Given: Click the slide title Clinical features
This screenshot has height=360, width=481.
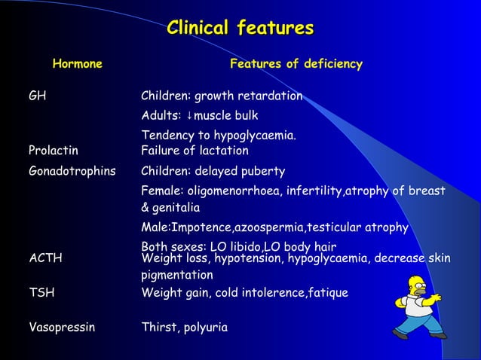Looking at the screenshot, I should click(x=240, y=29).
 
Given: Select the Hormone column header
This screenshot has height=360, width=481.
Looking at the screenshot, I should click(x=77, y=64).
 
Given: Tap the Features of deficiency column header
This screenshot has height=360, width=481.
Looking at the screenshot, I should click(x=296, y=64).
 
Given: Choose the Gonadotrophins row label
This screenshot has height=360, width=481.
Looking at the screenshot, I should click(x=72, y=171).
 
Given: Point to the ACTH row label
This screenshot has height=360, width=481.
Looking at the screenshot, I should click(x=45, y=258).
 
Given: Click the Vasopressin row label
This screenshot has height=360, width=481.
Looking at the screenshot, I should click(x=62, y=328).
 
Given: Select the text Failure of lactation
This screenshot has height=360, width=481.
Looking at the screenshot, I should click(x=195, y=151).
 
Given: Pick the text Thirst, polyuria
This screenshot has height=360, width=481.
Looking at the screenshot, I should click(x=184, y=328).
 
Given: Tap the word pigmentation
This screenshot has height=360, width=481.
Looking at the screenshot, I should click(x=177, y=276).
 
